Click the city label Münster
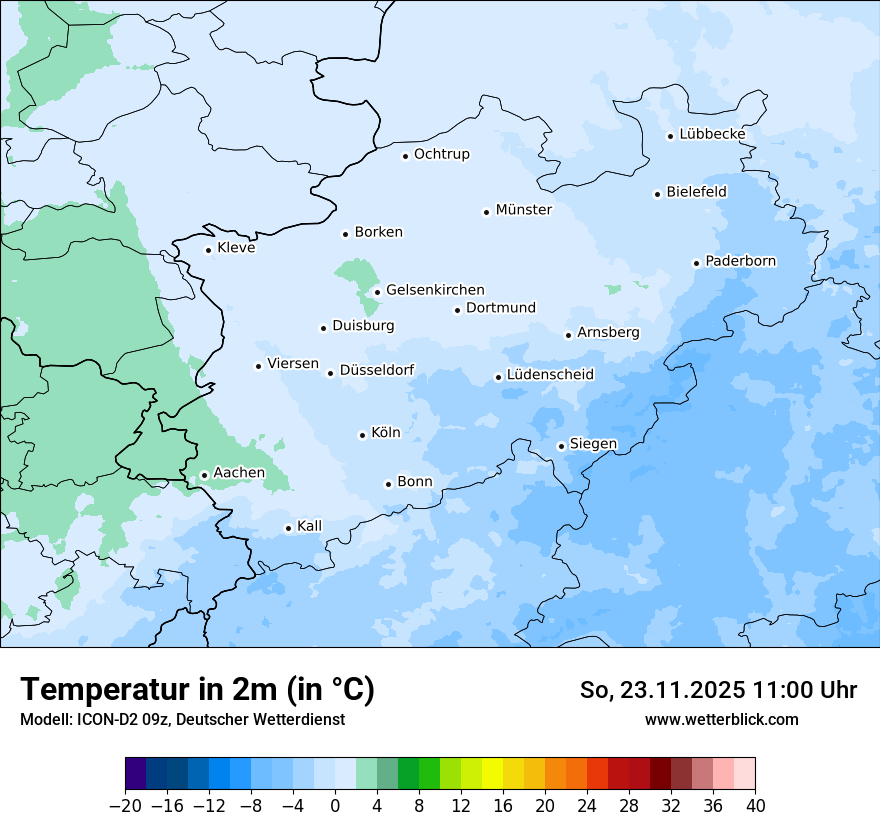point(523,210)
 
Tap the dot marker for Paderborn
point(696,263)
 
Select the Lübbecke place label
point(712,134)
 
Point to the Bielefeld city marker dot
point(658,194)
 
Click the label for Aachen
point(239,473)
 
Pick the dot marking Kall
point(288,528)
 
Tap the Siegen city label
point(593,444)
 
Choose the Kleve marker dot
point(208,250)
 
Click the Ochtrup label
point(441,154)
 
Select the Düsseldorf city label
point(376,370)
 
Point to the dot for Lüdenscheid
point(498,377)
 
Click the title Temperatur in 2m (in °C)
point(197,690)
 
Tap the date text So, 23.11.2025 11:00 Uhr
point(718,690)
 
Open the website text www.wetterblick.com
point(721,719)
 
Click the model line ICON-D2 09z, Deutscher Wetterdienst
point(182,719)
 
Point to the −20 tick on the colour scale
point(125,806)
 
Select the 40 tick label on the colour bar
point(755,806)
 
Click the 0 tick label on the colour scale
point(335,806)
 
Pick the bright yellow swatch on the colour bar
point(492,774)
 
